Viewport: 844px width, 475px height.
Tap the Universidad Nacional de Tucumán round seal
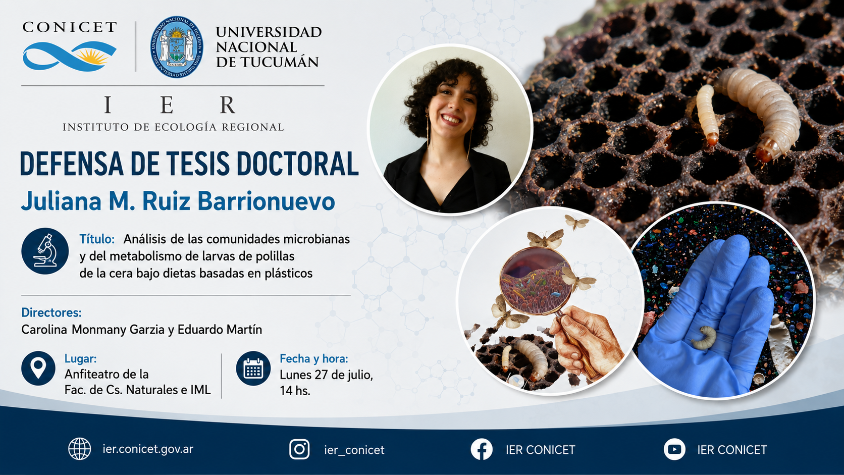pos(176,47)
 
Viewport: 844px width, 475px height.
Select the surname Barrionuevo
pos(266,201)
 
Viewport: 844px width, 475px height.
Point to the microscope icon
pos(45,251)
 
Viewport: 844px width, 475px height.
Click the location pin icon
pos(38,368)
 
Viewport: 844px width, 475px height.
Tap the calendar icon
pos(253,368)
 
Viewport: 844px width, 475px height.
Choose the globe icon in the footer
pos(79,449)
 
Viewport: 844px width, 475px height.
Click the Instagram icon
pos(299,449)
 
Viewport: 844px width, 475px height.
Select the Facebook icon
pos(482,449)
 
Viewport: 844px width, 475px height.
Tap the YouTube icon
pos(674,449)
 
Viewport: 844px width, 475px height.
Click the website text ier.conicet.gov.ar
pos(148,449)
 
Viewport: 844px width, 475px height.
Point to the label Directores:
pos(51,312)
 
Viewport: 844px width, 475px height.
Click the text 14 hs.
pos(295,391)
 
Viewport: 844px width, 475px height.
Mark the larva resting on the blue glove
pos(705,338)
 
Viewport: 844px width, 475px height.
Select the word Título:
pos(97,239)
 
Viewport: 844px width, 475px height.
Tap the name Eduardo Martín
pos(220,330)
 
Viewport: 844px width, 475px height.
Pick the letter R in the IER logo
pos(228,104)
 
